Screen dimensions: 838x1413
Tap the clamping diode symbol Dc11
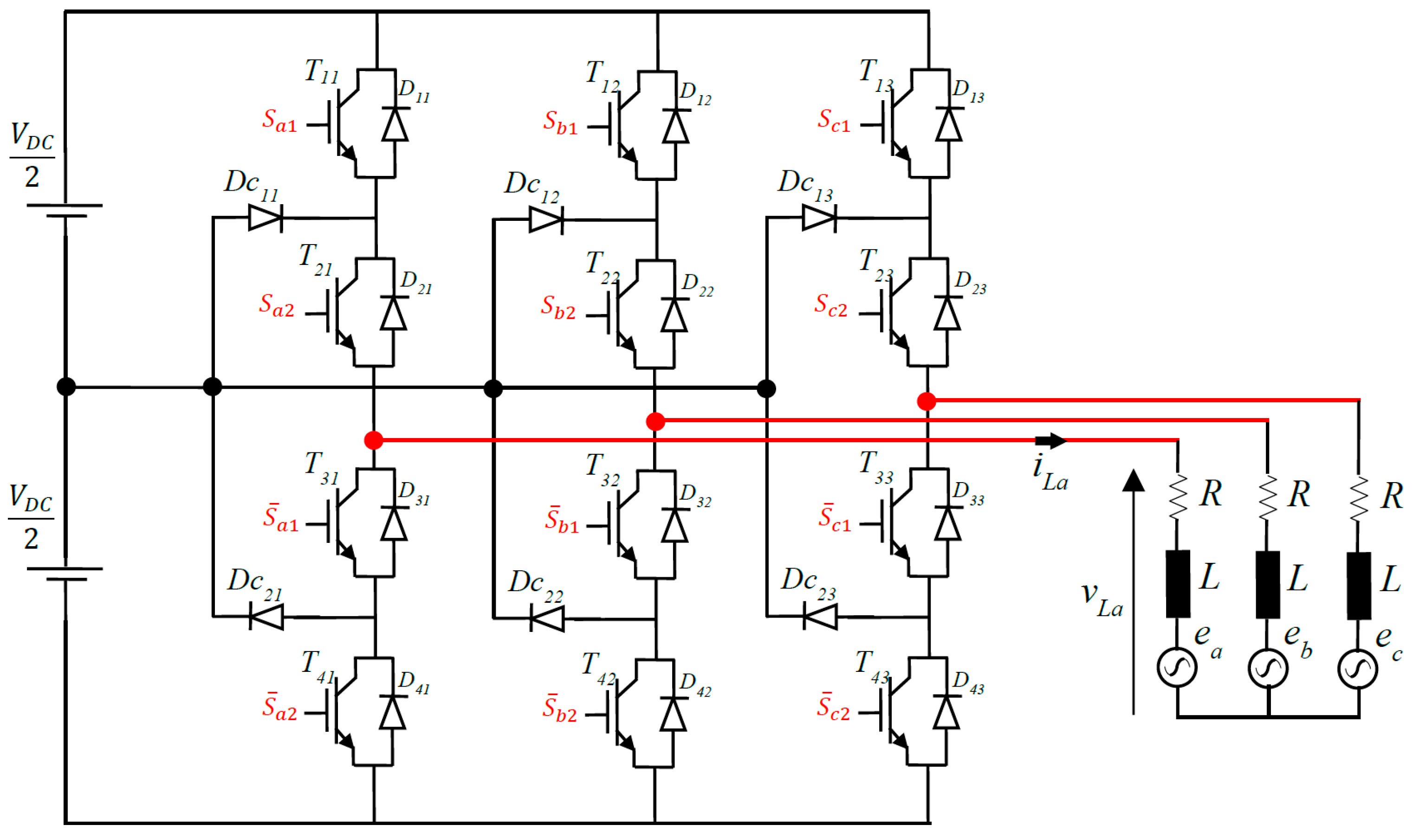pos(266,218)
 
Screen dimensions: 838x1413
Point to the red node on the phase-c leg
pos(926,401)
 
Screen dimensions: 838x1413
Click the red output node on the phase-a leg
pos(374,440)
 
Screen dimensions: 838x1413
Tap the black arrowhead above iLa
pos(1050,440)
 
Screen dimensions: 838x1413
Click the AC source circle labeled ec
pos(1358,669)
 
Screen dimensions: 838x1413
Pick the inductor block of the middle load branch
pos(1268,585)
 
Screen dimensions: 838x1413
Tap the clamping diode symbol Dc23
pos(820,616)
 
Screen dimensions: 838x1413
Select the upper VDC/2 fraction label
pos(32,156)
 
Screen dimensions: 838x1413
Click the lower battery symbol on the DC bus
pos(65,574)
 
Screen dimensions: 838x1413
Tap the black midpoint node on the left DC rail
pos(66,387)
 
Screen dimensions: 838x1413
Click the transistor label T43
pos(873,666)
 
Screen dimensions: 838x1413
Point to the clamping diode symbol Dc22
pos(547,619)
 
